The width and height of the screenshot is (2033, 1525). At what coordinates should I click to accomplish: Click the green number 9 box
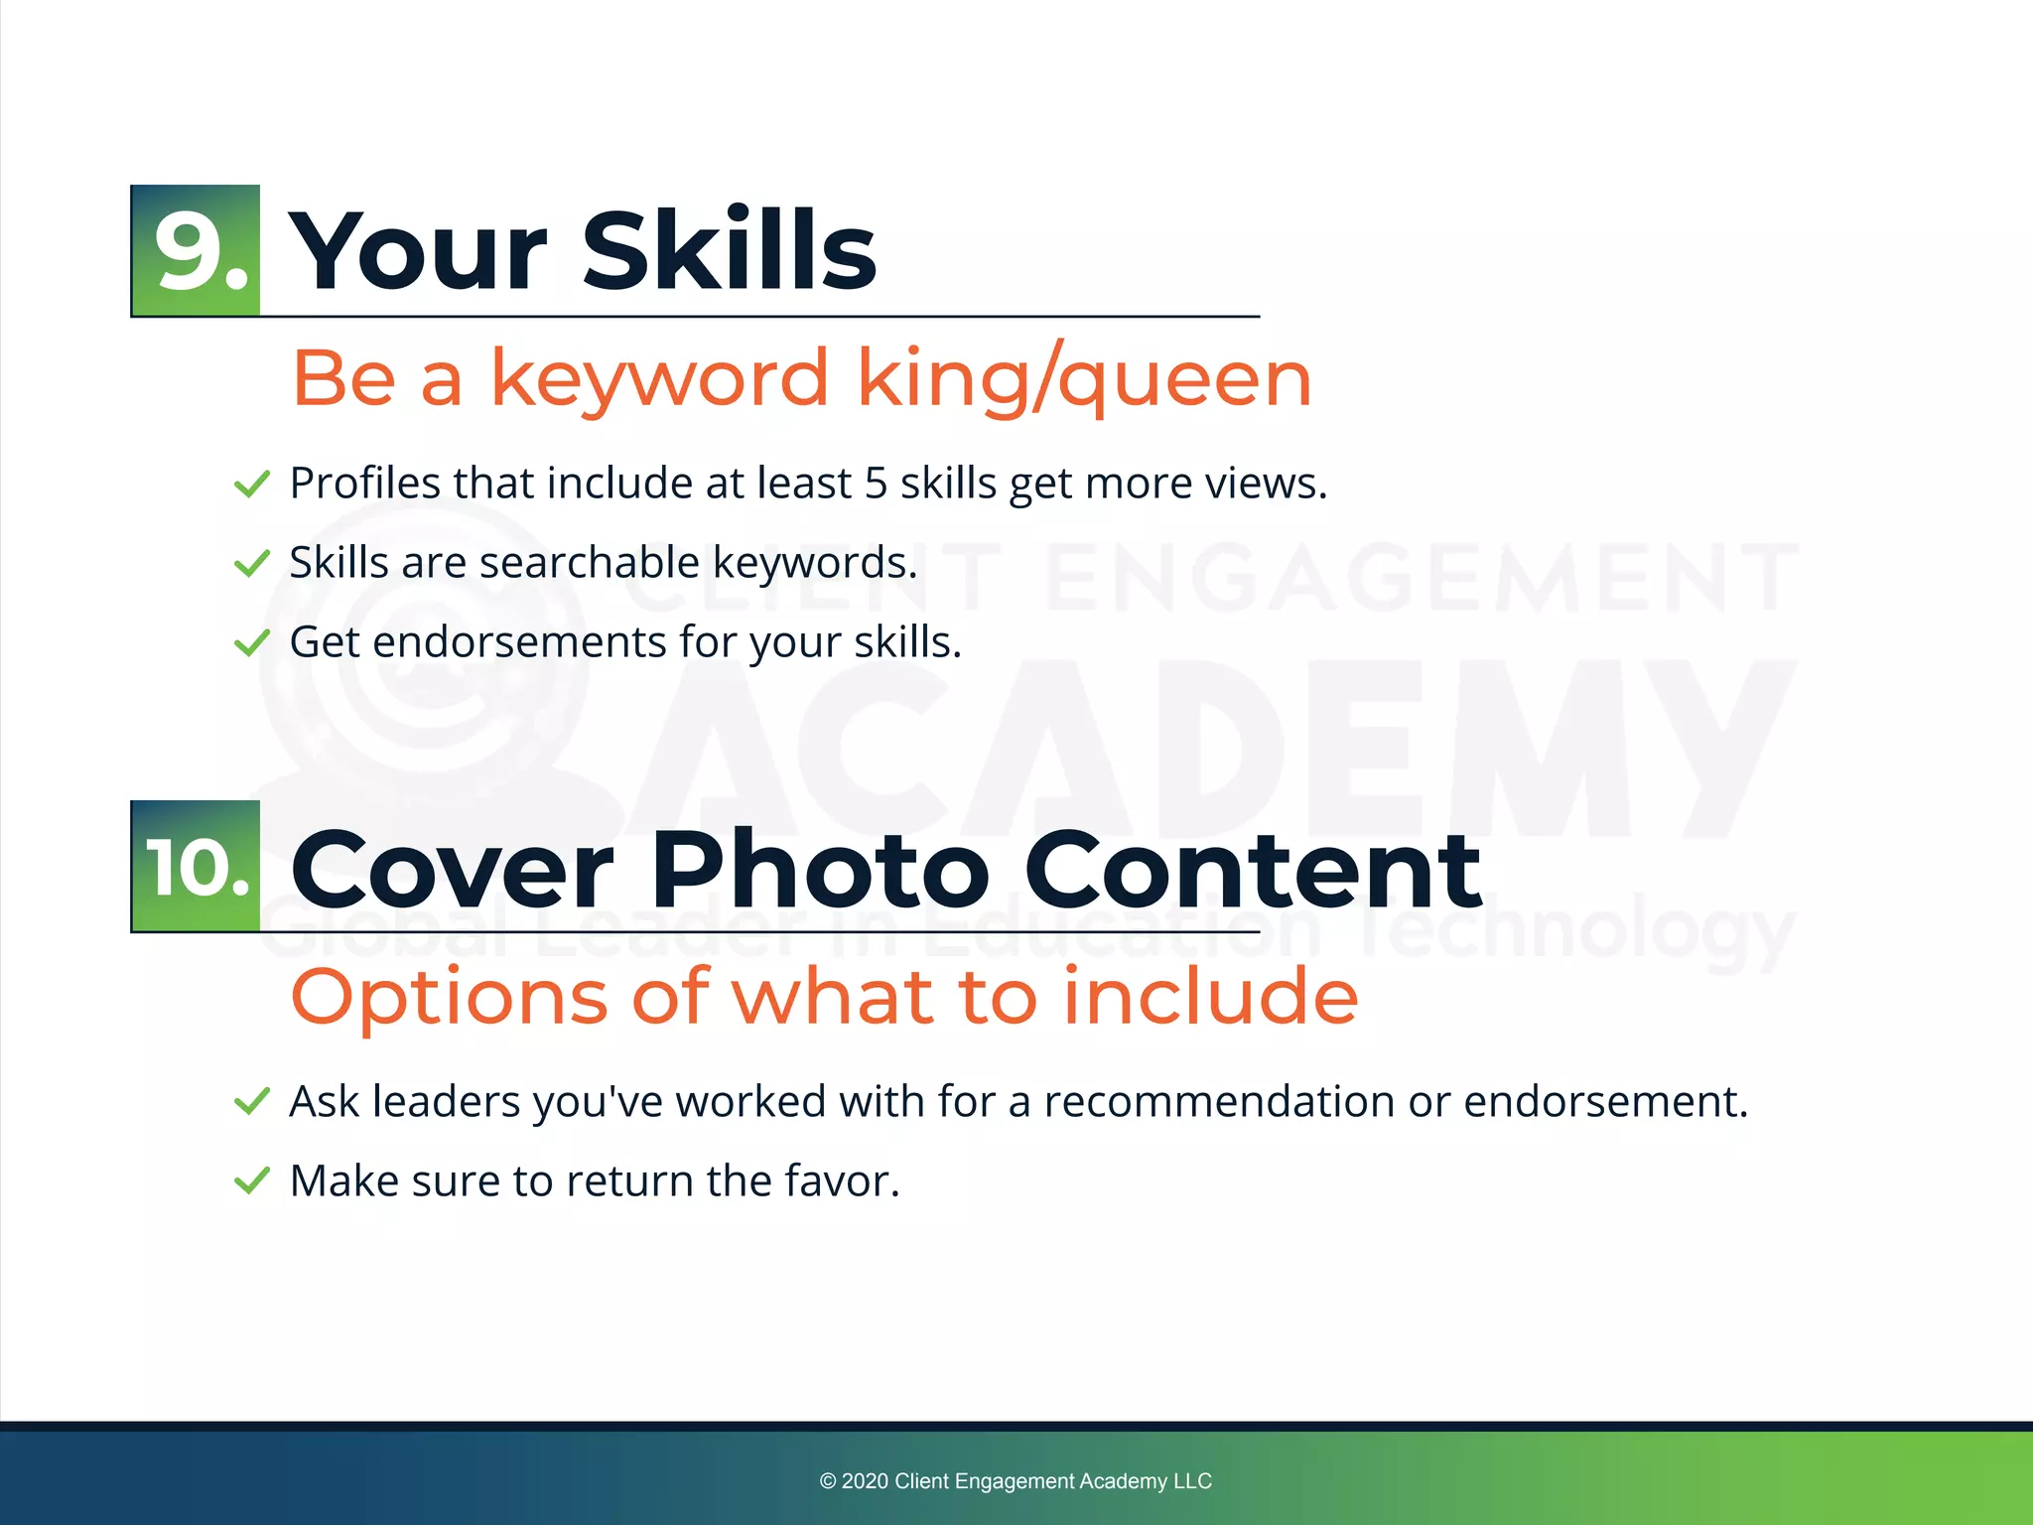pos(196,250)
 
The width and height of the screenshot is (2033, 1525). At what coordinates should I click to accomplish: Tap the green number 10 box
pos(196,867)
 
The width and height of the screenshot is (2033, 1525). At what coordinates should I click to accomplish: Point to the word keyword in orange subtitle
pos(659,379)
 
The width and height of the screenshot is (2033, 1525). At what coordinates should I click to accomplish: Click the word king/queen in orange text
pos(1084,379)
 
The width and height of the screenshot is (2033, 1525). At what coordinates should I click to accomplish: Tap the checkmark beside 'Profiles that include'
pos(251,485)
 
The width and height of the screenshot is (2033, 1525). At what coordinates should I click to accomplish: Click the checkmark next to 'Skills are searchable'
pos(251,564)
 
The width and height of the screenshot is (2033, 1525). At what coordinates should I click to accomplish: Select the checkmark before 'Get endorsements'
pos(251,643)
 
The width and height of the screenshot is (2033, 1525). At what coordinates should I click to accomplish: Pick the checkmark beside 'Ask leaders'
pos(251,1102)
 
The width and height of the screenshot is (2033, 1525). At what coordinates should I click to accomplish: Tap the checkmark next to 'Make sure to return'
pos(251,1181)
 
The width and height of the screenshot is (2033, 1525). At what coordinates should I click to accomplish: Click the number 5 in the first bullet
pos(876,484)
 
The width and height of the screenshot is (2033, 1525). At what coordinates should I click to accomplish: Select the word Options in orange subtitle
pos(449,997)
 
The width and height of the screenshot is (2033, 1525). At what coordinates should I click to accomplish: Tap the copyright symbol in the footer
pos(828,1481)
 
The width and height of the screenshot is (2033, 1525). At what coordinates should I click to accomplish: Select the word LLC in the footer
pos(1192,1481)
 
